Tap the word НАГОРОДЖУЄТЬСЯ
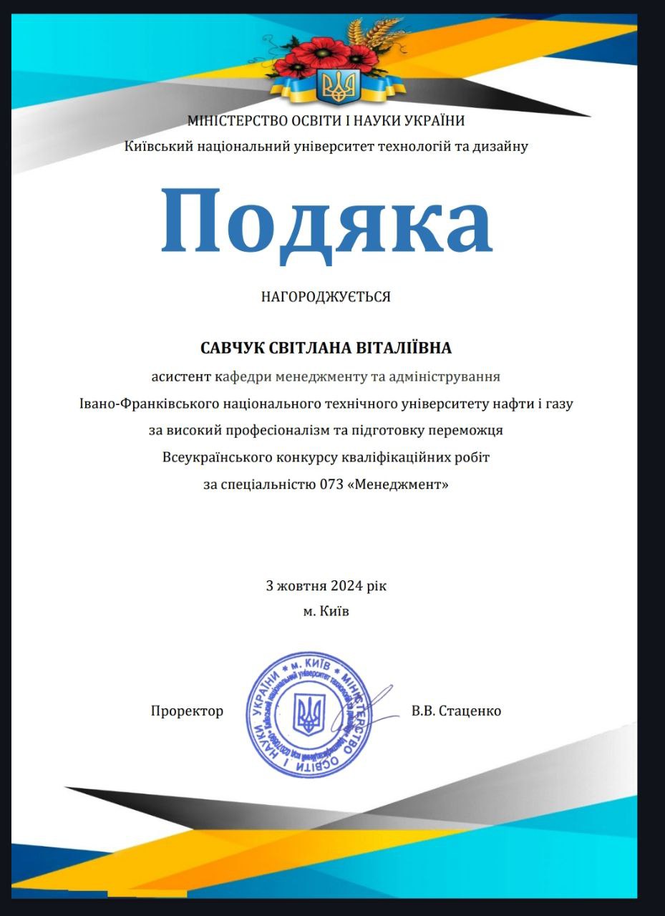click(326, 296)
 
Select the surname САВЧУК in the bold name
click(232, 349)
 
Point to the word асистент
click(181, 375)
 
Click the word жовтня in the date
click(301, 585)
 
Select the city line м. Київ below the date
click(326, 612)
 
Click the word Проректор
click(187, 711)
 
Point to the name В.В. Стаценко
click(456, 711)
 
